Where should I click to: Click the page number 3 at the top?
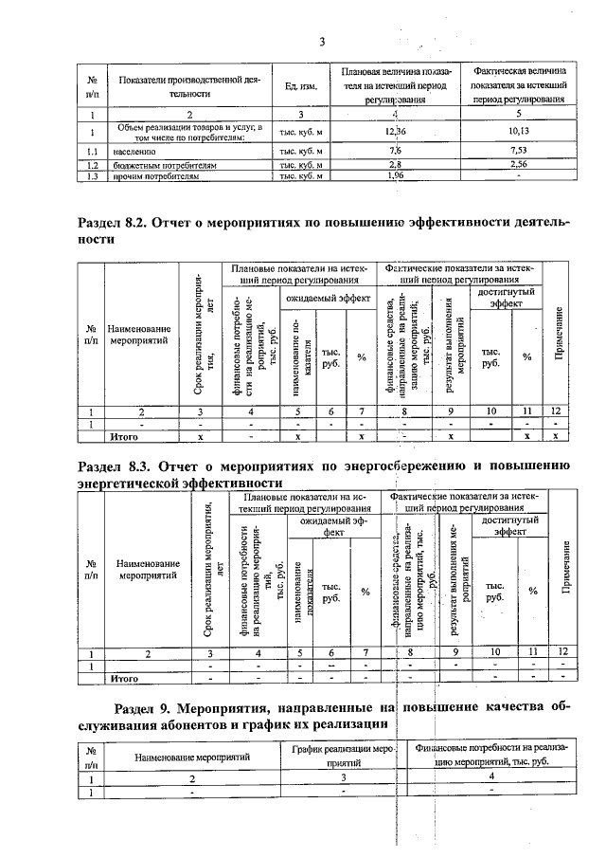pyautogui.click(x=322, y=41)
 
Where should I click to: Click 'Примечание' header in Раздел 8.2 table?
pyautogui.click(x=560, y=333)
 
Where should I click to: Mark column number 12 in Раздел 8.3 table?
pyautogui.click(x=562, y=652)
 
